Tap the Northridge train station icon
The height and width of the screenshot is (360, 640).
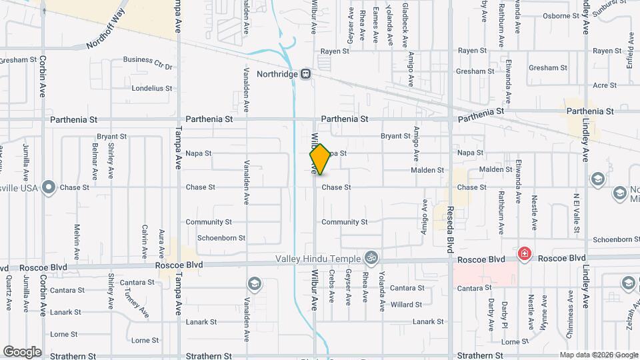[305, 74]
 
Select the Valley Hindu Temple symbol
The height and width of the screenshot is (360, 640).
[371, 258]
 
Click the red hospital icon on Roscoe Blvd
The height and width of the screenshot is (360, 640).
[525, 254]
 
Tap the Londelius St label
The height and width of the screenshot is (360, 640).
[152, 88]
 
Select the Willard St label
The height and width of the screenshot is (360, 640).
[407, 305]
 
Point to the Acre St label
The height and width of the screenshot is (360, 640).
[605, 85]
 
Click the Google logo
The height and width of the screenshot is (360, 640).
[22, 351]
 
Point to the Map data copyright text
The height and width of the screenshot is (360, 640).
[597, 355]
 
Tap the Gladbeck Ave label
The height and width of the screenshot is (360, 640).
[406, 23]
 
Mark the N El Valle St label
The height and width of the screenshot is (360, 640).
[576, 209]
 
